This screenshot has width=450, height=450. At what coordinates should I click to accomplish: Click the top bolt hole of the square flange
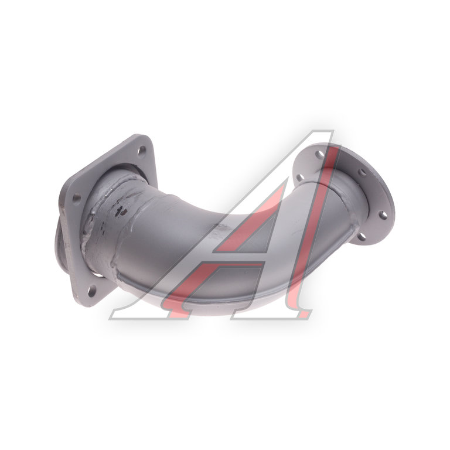pyautogui.click(x=142, y=151)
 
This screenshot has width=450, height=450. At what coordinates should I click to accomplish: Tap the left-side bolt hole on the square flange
pyautogui.click(x=77, y=198)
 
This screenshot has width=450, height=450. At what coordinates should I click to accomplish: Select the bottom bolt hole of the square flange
pyautogui.click(x=92, y=291)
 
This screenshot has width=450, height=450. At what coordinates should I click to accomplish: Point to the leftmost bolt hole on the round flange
pyautogui.click(x=299, y=178)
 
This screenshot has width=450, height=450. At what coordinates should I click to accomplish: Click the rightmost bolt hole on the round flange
pyautogui.click(x=383, y=214)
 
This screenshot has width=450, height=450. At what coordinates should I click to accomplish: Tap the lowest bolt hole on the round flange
pyautogui.click(x=362, y=237)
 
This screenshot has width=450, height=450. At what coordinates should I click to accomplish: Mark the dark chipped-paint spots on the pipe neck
pyautogui.click(x=121, y=212)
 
